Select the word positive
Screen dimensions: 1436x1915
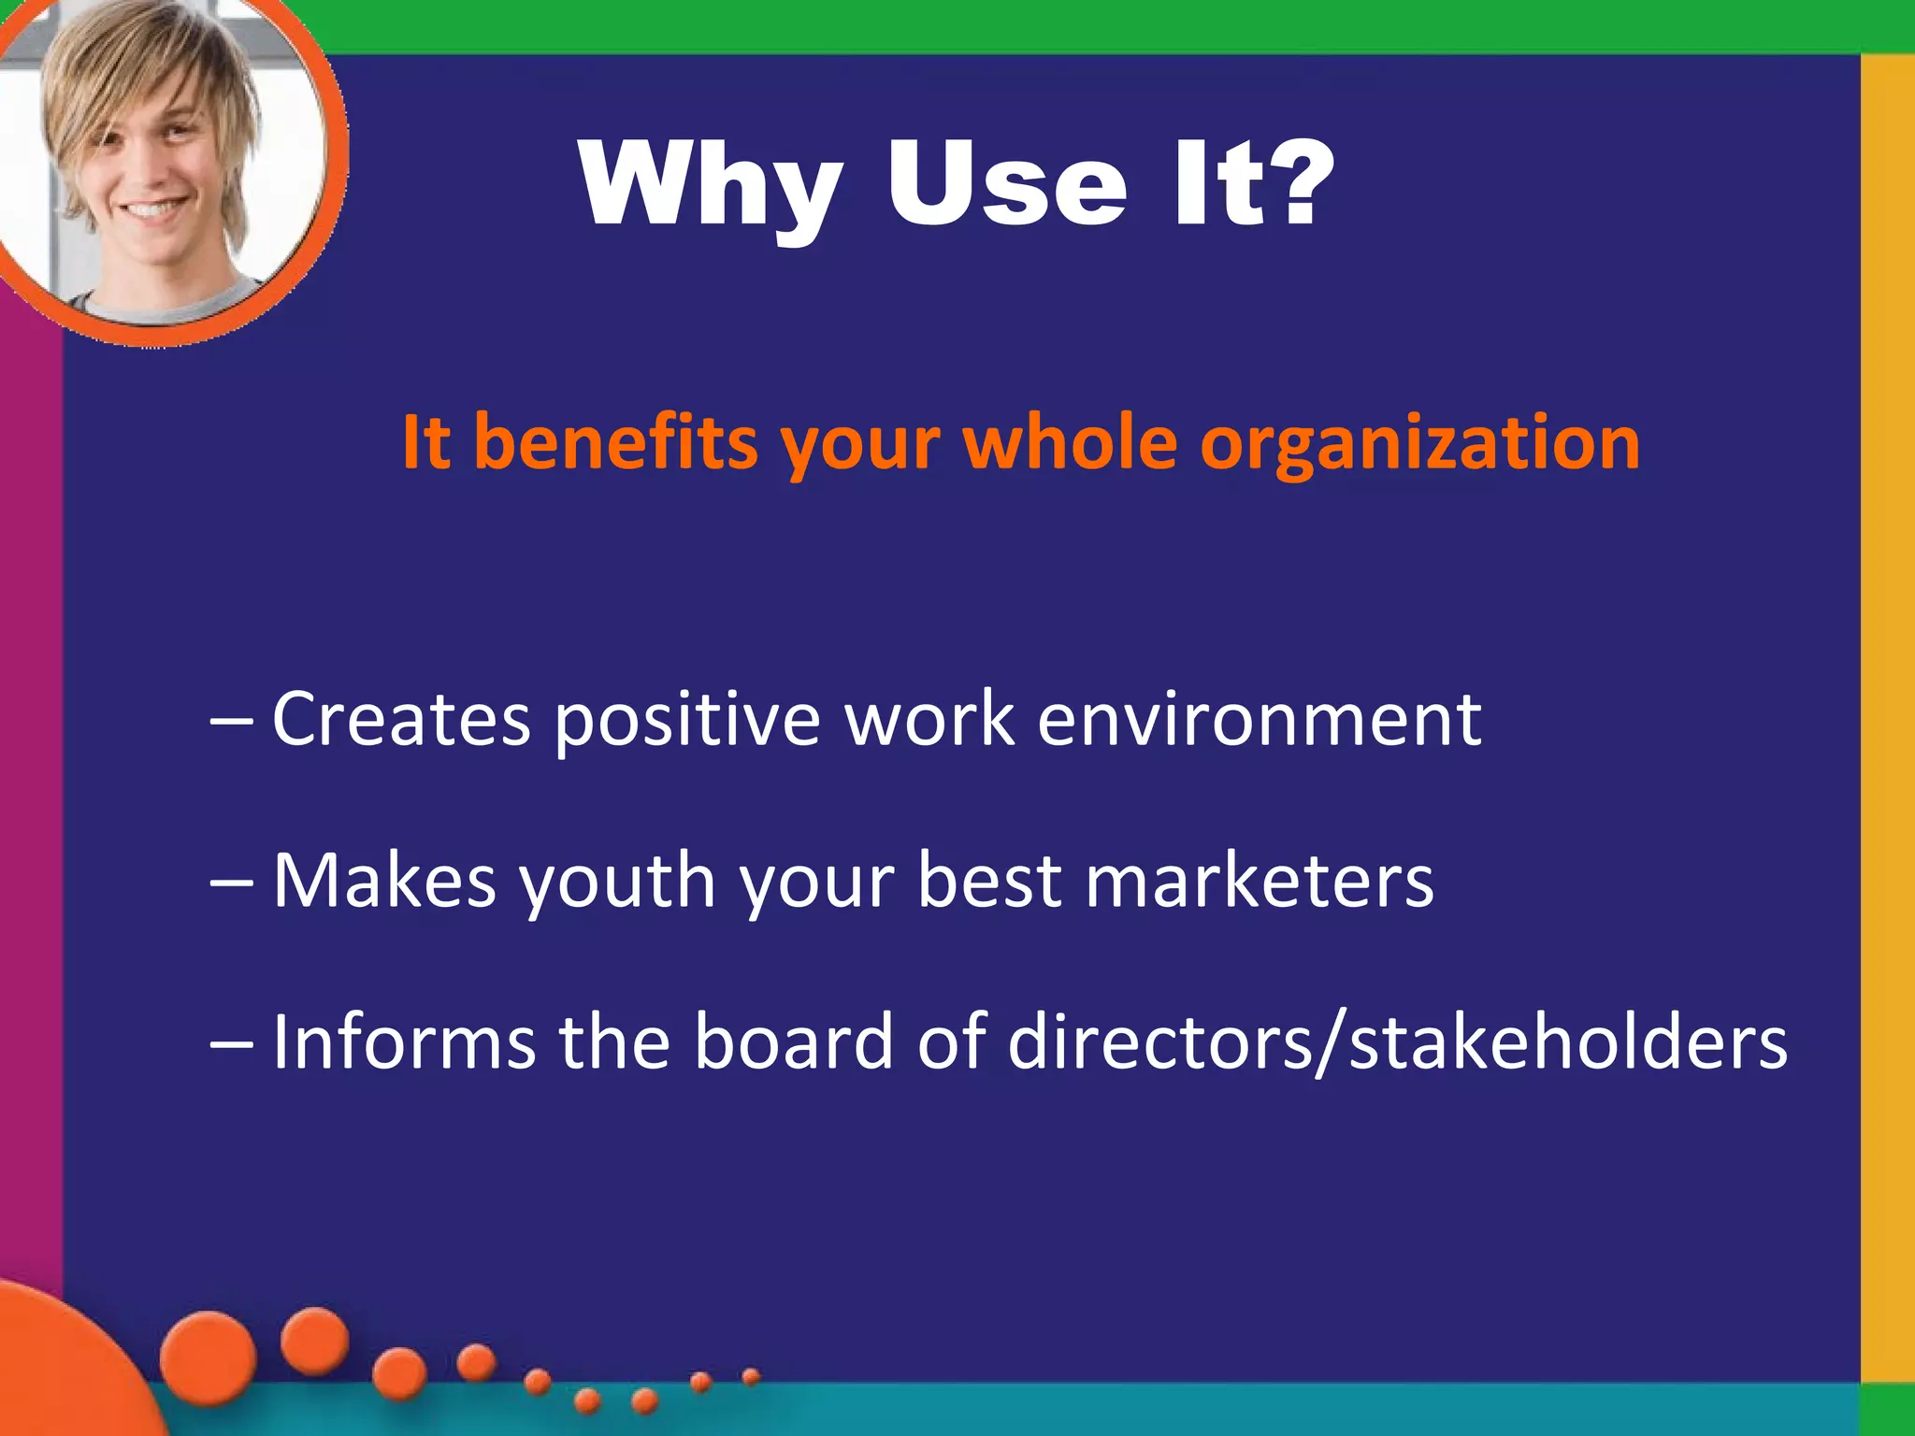pyautogui.click(x=688, y=720)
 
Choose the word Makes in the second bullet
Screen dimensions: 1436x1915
pyautogui.click(x=384, y=881)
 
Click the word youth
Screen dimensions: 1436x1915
pyautogui.click(x=617, y=881)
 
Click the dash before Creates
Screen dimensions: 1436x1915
pyautogui.click(x=231, y=721)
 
